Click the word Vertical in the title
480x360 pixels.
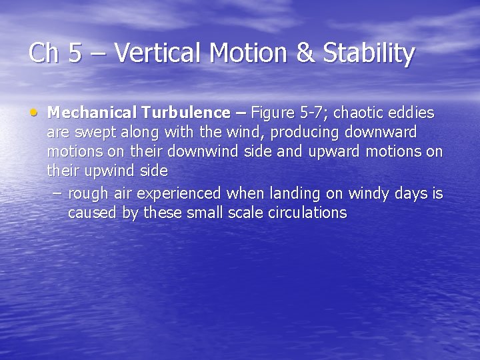tap(149, 53)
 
